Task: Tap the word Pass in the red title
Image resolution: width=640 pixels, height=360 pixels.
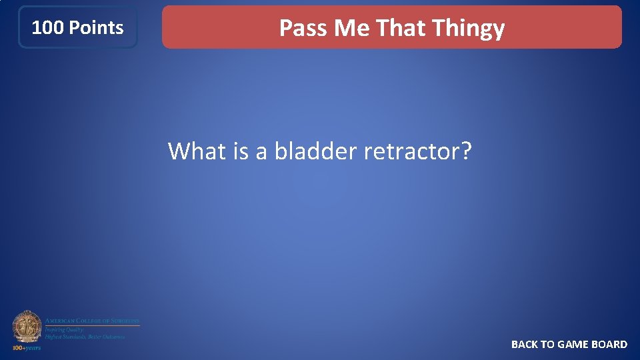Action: pyautogui.click(x=303, y=28)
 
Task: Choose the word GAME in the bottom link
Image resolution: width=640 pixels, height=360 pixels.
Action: pyautogui.click(x=573, y=344)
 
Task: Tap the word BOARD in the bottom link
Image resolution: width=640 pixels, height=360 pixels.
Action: pyautogui.click(x=609, y=344)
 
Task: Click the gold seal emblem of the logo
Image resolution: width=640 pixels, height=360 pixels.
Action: pyautogui.click(x=27, y=327)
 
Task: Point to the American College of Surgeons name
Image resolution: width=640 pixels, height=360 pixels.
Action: pyautogui.click(x=92, y=321)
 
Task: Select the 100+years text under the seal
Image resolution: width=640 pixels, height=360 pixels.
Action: pyautogui.click(x=27, y=347)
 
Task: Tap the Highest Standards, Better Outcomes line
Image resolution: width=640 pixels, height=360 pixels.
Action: pyautogui.click(x=85, y=337)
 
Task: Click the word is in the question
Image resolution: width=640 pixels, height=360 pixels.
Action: pyautogui.click(x=241, y=151)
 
